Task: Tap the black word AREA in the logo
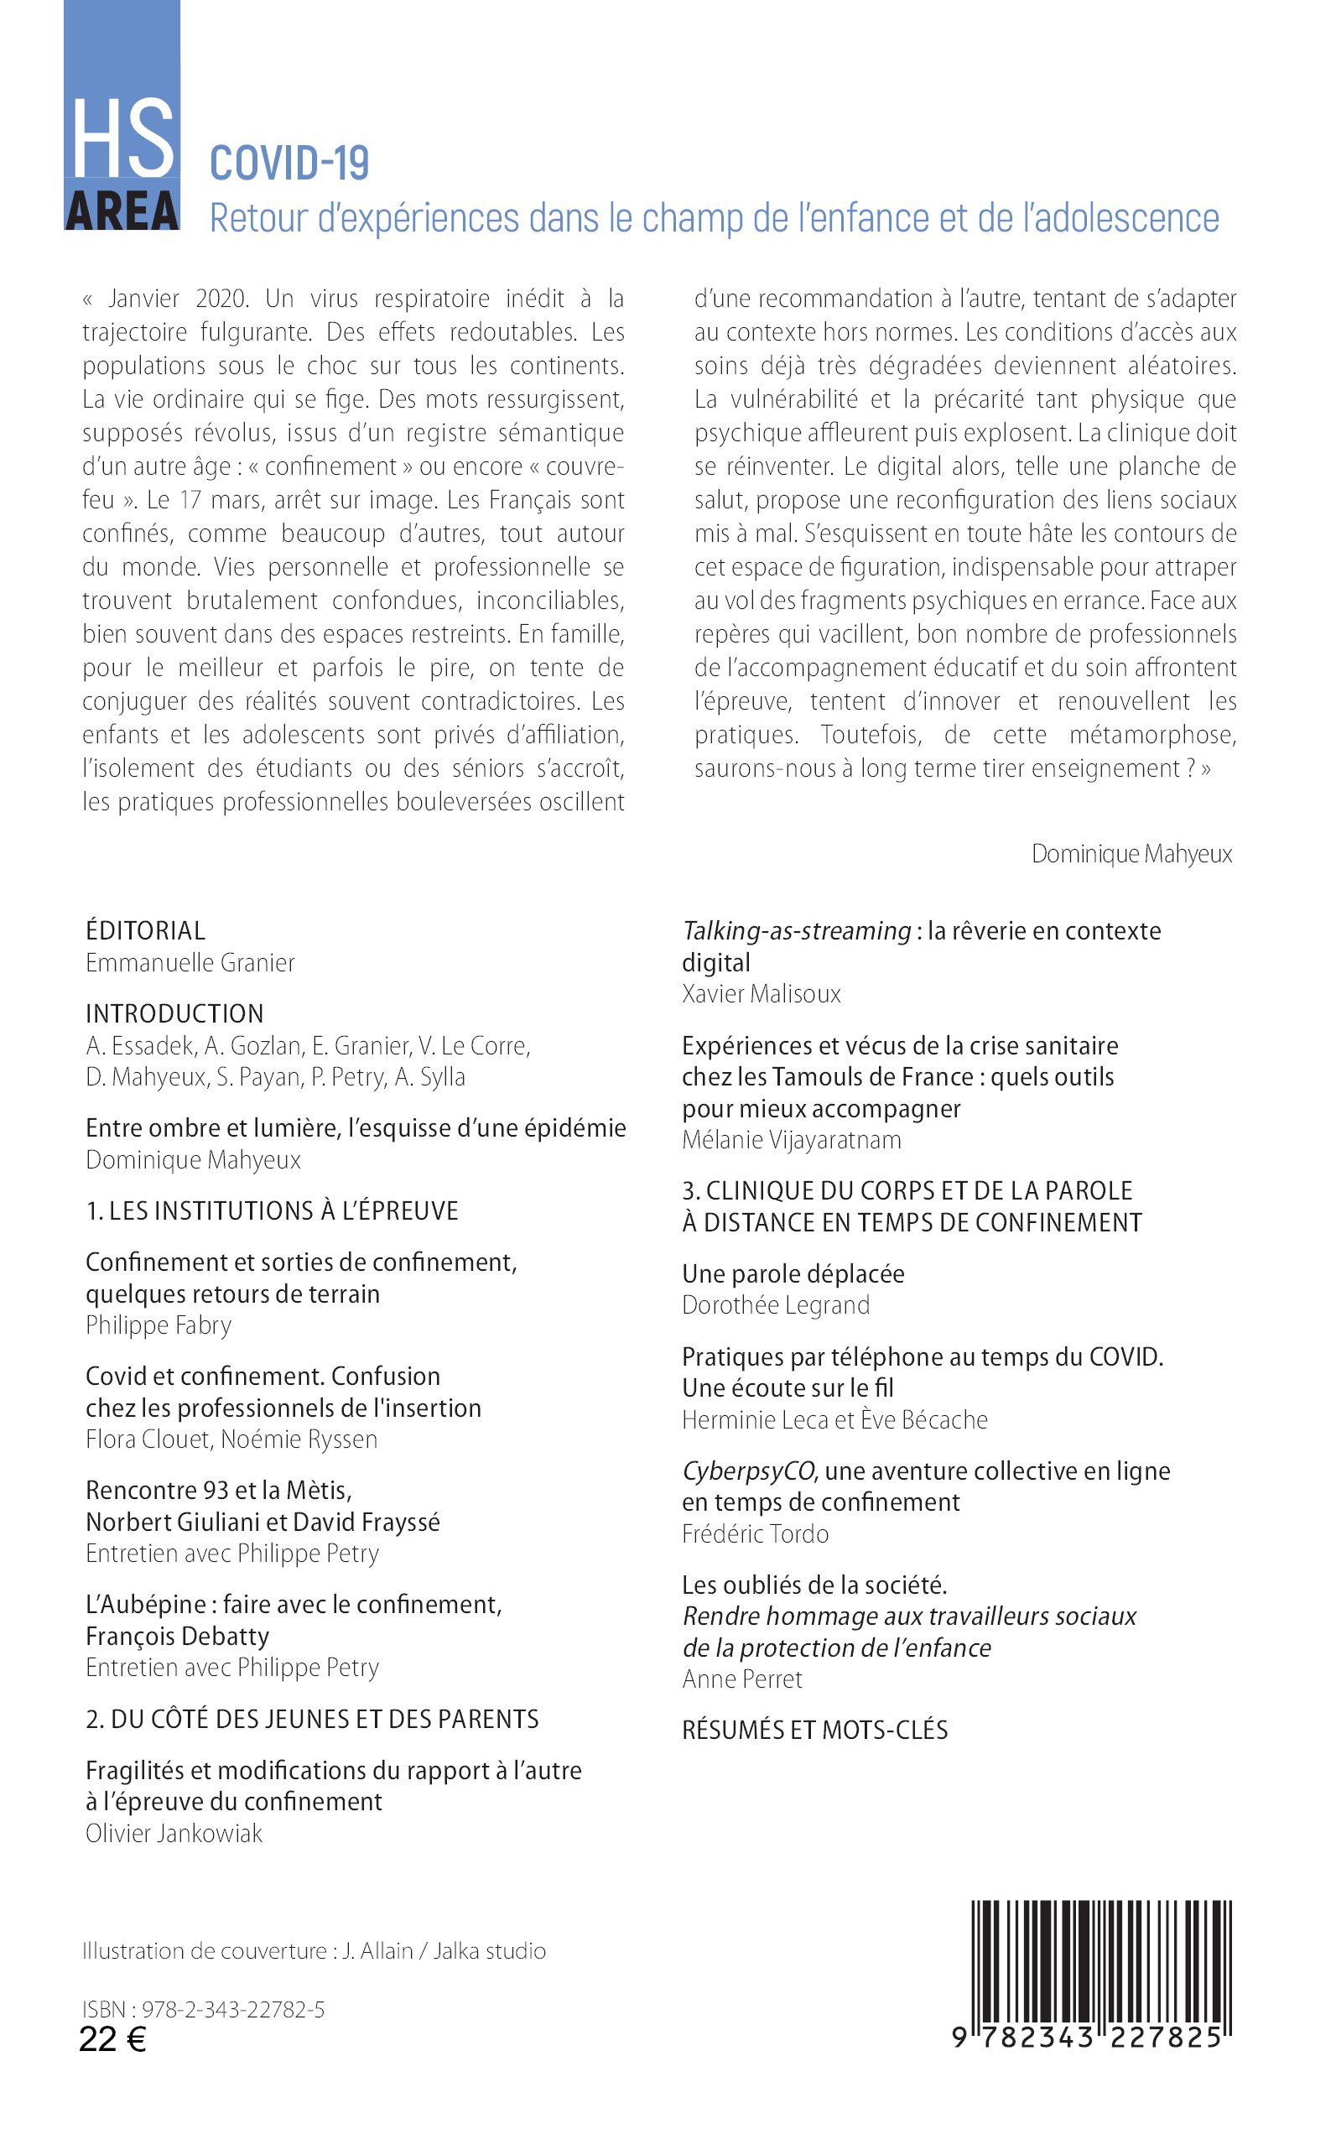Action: (122, 212)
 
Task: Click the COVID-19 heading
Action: (289, 164)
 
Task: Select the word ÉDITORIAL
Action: (146, 930)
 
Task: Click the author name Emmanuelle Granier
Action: (190, 962)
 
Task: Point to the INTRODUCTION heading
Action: (175, 1013)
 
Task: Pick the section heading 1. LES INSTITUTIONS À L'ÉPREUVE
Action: (272, 1210)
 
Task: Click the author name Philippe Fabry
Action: (159, 1325)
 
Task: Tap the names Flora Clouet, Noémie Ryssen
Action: (231, 1439)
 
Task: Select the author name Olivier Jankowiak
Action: (174, 1834)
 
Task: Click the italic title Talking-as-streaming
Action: (796, 930)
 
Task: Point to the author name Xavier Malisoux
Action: (762, 994)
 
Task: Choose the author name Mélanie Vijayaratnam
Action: (792, 1140)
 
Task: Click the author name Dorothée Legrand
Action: (776, 1304)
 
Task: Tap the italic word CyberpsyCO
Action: (749, 1471)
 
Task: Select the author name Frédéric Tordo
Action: (756, 1533)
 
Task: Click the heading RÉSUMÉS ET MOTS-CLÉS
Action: (814, 1730)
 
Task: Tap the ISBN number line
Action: (203, 2009)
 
